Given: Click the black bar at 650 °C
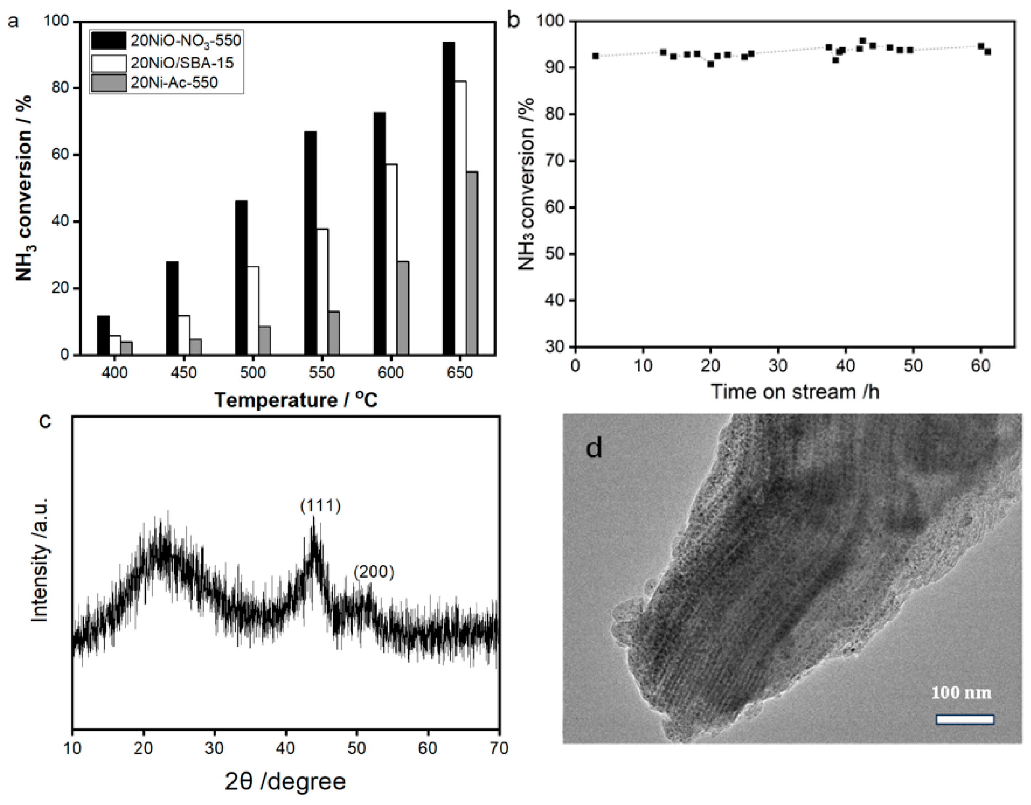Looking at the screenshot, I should pyautogui.click(x=449, y=199).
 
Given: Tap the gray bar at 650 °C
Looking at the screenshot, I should pyautogui.click(x=471, y=262).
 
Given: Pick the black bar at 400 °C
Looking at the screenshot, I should pyautogui.click(x=103, y=335).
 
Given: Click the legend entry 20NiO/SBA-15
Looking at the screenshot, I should pyautogui.click(x=182, y=63).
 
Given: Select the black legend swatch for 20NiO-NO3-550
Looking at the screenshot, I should pyautogui.click(x=109, y=41).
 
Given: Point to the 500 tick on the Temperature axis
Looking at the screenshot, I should pyautogui.click(x=252, y=373).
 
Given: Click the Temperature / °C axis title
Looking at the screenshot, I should pyautogui.click(x=296, y=400).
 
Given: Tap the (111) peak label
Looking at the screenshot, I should pyautogui.click(x=320, y=506).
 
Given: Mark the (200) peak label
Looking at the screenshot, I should pyautogui.click(x=373, y=572).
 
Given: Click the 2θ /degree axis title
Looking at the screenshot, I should pyautogui.click(x=285, y=781).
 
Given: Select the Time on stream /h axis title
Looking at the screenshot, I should pyautogui.click(x=795, y=392).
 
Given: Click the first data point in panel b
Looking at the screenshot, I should pyautogui.click(x=596, y=56).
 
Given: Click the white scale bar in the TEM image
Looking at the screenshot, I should pyautogui.click(x=965, y=720).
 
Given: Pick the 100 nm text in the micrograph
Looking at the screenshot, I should pyautogui.click(x=961, y=693).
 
